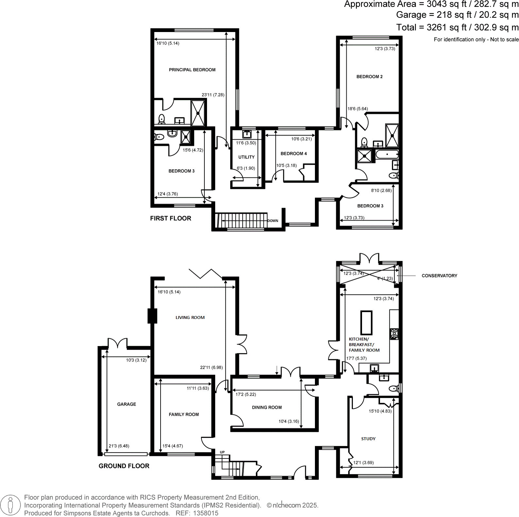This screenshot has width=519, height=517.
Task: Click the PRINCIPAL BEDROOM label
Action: click(x=192, y=70)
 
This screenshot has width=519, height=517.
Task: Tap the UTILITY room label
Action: click(x=246, y=157)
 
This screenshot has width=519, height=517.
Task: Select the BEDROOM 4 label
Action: click(x=293, y=153)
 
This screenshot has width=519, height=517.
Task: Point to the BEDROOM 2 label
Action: click(x=369, y=76)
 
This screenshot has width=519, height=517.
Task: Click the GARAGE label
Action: click(x=127, y=404)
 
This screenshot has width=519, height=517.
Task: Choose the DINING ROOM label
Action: click(x=267, y=407)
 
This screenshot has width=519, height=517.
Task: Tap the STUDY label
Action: click(x=368, y=439)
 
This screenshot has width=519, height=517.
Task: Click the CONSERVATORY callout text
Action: click(x=439, y=275)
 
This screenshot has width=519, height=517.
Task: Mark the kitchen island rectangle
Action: click(x=366, y=322)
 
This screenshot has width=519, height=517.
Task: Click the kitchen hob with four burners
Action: click(x=394, y=334)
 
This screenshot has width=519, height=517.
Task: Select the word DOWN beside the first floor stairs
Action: click(x=273, y=221)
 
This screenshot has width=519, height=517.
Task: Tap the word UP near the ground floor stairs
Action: click(x=222, y=452)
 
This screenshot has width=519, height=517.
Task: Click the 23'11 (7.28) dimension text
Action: click(x=213, y=95)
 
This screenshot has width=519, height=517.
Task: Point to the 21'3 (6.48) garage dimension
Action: click(x=119, y=446)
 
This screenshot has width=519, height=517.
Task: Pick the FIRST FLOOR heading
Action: click(x=170, y=218)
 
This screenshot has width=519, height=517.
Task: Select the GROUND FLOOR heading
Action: click(x=124, y=466)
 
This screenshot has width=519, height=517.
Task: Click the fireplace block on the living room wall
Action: click(x=152, y=316)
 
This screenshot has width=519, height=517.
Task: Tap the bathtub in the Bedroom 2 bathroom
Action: click(x=387, y=154)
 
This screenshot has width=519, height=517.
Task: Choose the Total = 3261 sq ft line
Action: click(x=457, y=27)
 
